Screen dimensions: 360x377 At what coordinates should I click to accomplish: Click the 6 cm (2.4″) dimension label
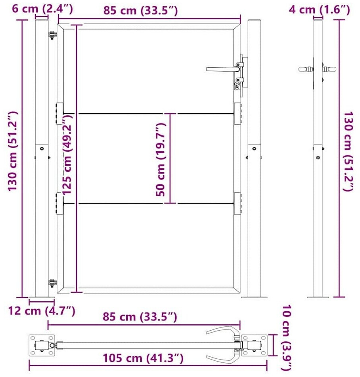point(42,9)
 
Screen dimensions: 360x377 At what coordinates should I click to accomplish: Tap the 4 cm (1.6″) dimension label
point(319,10)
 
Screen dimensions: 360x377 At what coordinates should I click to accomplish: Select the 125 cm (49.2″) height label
point(67,154)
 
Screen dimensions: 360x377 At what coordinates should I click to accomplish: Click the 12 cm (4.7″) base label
point(42,311)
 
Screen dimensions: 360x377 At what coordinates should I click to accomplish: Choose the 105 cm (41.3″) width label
point(143,358)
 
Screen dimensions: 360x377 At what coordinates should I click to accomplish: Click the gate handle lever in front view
point(222,69)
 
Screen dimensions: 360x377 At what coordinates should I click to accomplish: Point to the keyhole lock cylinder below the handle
point(237,86)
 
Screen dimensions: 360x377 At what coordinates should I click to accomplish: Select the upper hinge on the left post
point(52,35)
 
